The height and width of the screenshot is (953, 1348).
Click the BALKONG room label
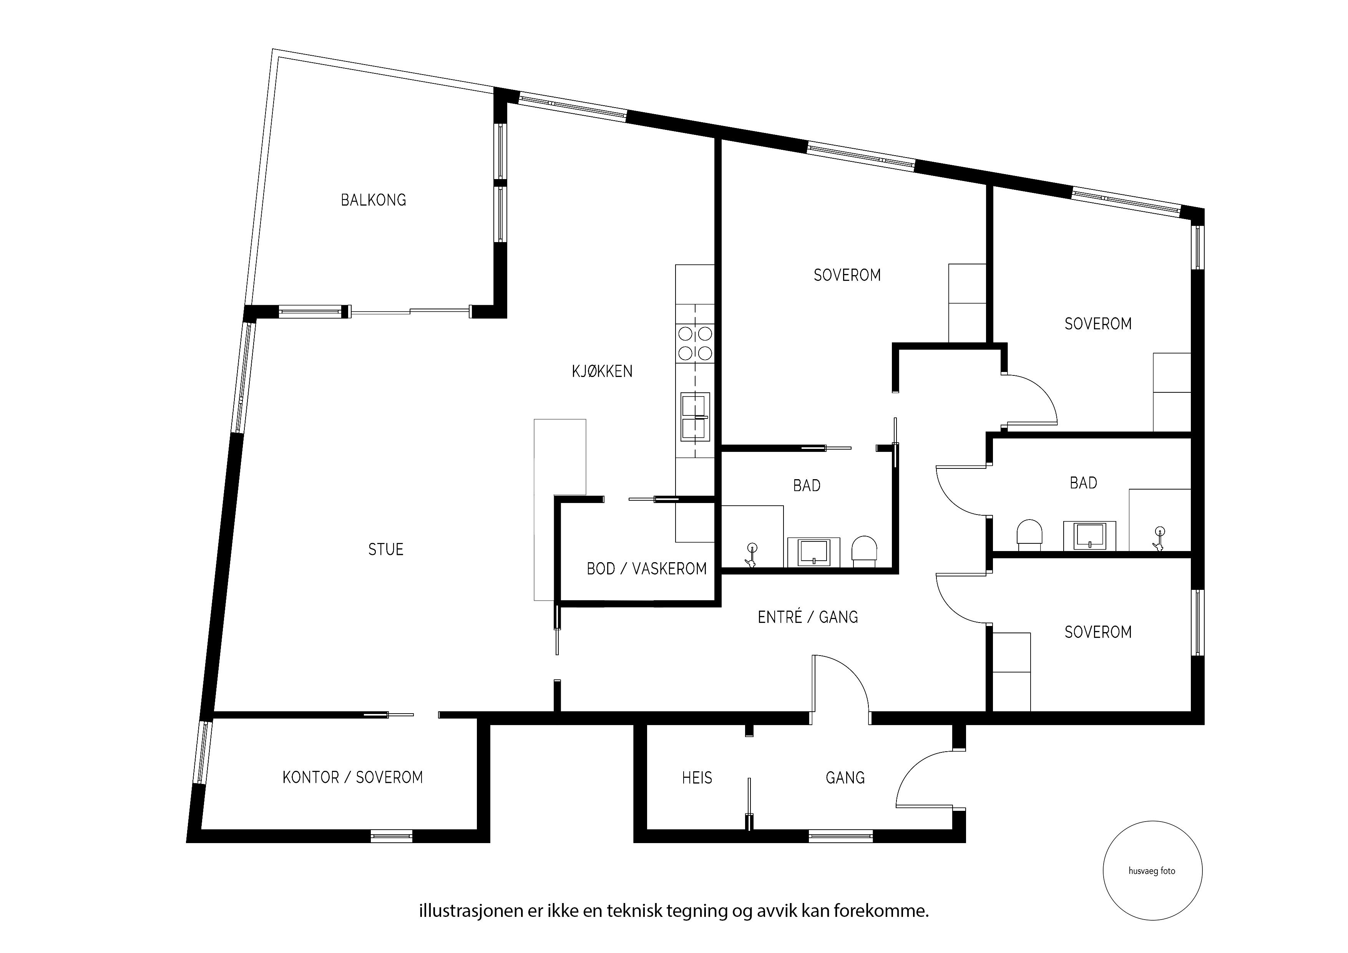[x=374, y=200]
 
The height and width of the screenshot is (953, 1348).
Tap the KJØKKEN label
[x=603, y=371]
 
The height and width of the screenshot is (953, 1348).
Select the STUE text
[x=386, y=550]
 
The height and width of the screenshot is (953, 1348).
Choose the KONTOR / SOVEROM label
[x=353, y=777]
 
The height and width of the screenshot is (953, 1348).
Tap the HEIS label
[x=697, y=778]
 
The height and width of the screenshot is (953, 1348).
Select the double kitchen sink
[x=695, y=417]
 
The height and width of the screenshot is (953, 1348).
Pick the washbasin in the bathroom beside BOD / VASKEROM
[x=813, y=553]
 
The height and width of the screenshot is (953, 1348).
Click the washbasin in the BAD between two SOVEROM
[x=1089, y=536]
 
